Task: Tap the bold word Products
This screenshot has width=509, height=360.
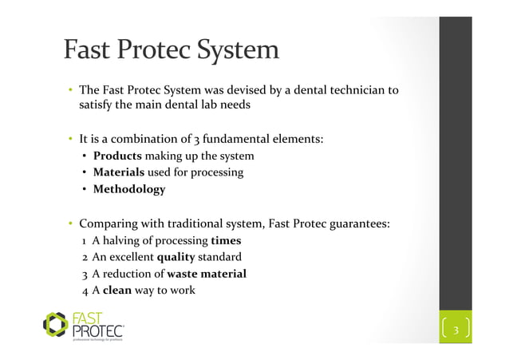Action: tap(117, 155)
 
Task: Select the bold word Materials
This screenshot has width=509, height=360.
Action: tap(119, 172)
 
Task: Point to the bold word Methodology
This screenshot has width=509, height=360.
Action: tap(129, 190)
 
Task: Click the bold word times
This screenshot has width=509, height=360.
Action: tap(226, 240)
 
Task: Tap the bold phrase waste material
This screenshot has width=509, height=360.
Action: tap(206, 274)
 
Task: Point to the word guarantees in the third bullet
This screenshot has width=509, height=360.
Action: tap(355, 224)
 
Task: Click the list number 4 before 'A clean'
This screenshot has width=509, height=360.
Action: tap(84, 291)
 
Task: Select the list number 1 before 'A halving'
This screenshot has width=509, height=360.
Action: tap(84, 240)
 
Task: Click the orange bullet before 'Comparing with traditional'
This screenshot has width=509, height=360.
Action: tap(70, 224)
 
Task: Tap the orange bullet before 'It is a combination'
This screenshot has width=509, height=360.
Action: tap(70, 138)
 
